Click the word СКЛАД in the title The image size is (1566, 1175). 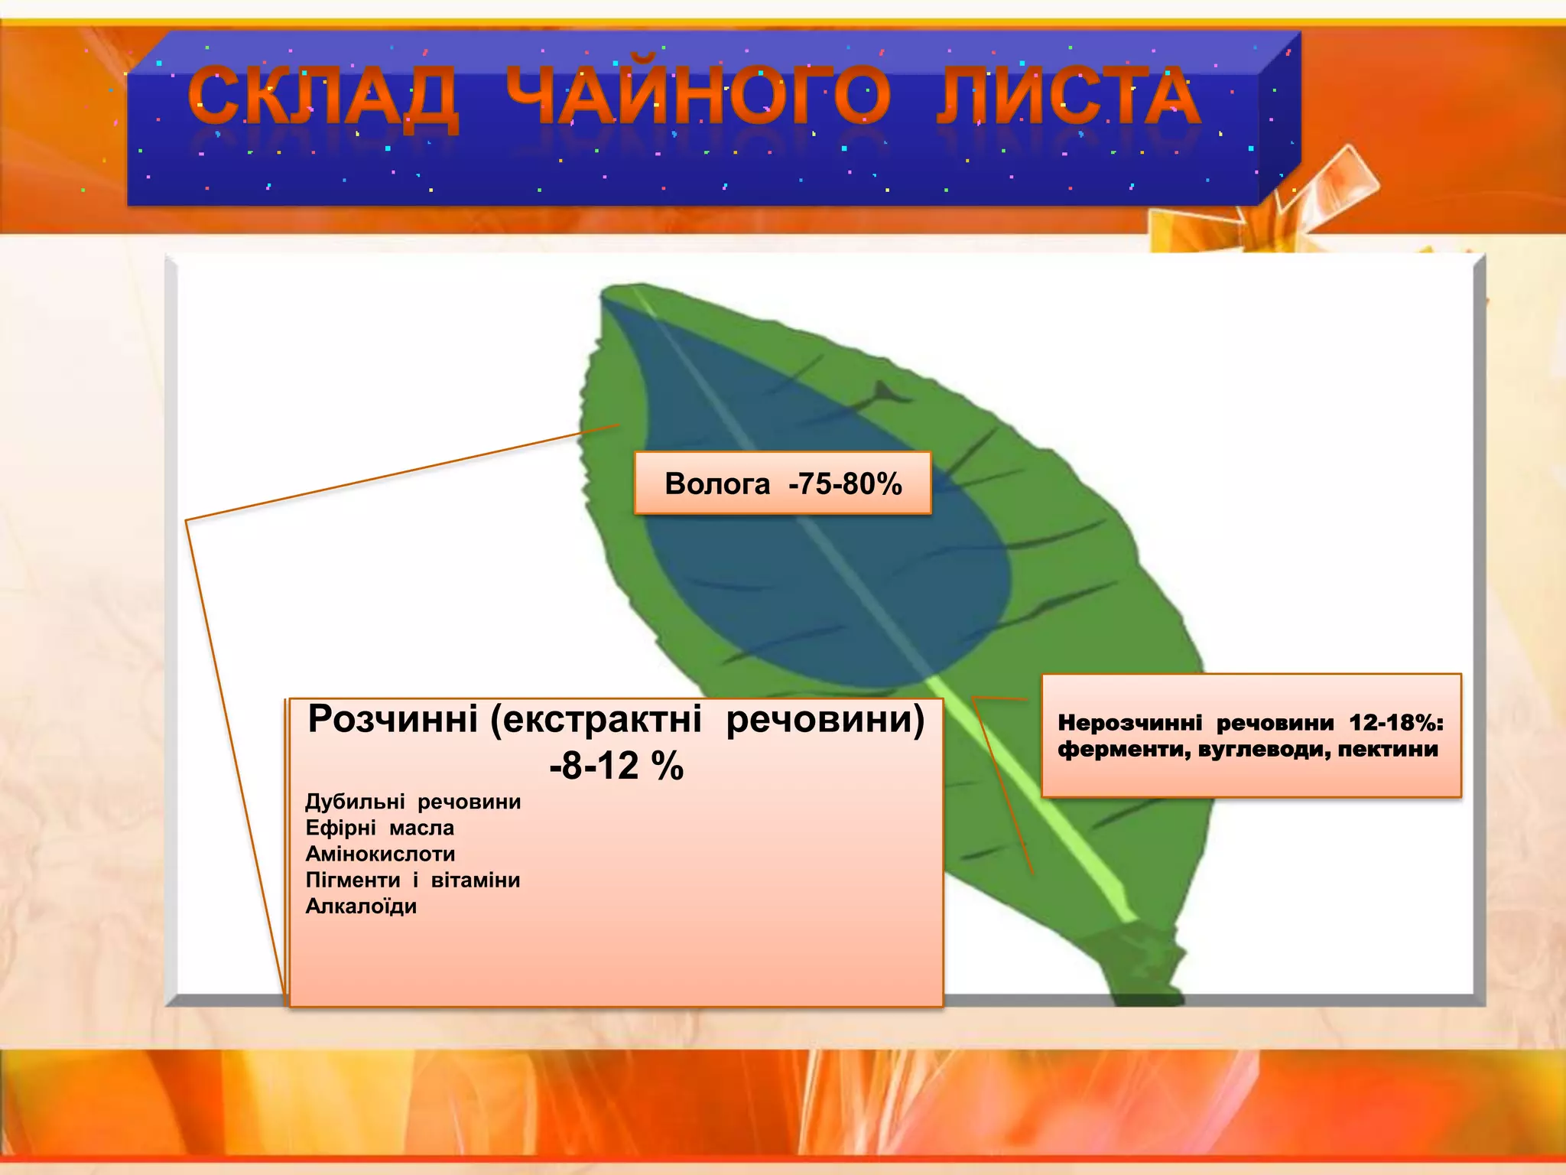point(323,98)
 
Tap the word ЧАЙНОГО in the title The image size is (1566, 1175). point(697,98)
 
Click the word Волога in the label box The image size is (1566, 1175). point(717,484)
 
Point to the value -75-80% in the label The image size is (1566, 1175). point(845,484)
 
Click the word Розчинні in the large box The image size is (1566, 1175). point(392,719)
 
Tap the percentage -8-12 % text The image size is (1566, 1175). point(616,766)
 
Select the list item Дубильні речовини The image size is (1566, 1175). point(413,802)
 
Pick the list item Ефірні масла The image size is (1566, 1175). point(379,828)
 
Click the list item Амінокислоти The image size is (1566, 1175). point(380,854)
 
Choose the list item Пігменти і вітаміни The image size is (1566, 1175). point(413,880)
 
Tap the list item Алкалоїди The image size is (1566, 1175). point(361,906)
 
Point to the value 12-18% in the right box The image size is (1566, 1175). point(1395,723)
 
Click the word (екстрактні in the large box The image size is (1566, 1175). point(596,719)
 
